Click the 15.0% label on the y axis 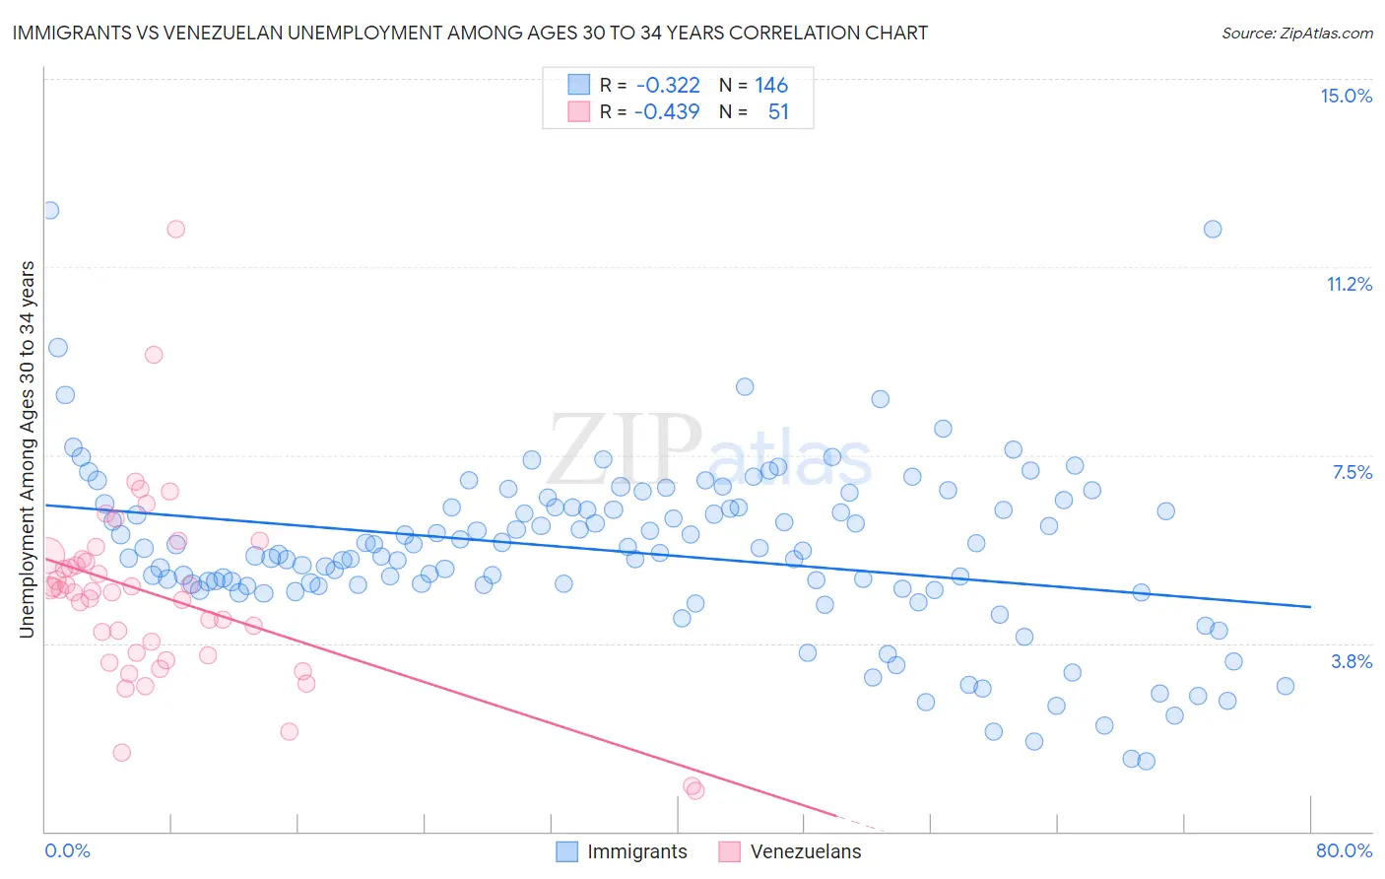(1346, 96)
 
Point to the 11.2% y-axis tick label (1349, 284)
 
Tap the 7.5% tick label (1352, 472)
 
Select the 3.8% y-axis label (1352, 661)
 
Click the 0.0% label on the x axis (67, 850)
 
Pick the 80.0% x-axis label (1344, 850)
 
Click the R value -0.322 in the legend (668, 86)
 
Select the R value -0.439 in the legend (667, 111)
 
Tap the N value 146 (771, 86)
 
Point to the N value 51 (778, 111)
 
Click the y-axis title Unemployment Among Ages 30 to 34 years (27, 449)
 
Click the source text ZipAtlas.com (1296, 33)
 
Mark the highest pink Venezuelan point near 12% (175, 229)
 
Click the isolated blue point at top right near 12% (1213, 229)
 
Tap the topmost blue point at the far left (49, 210)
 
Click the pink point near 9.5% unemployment (154, 355)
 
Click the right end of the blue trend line (1310, 607)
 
